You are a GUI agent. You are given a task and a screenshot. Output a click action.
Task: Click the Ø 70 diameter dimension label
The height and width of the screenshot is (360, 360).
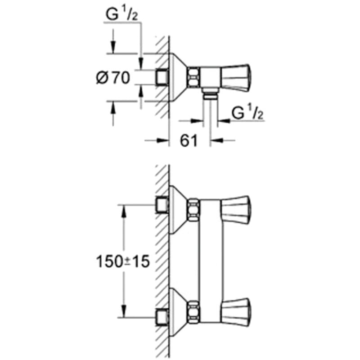(x=113, y=78)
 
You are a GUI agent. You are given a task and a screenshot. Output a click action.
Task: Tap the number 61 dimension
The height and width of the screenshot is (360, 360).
(x=189, y=140)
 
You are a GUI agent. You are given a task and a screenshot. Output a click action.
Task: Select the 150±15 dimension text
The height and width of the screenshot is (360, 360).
(x=123, y=261)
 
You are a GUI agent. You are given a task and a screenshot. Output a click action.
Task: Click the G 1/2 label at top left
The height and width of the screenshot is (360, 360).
(x=121, y=15)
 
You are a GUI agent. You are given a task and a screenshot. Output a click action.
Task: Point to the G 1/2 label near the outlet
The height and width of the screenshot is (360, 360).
(x=247, y=113)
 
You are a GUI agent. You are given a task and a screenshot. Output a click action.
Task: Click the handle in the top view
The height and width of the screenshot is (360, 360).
(x=235, y=77)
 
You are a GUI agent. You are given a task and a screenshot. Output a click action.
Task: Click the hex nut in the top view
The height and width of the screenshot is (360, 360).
(x=193, y=77)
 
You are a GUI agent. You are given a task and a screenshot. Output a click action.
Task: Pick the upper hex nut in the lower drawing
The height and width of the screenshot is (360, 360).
(x=193, y=210)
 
